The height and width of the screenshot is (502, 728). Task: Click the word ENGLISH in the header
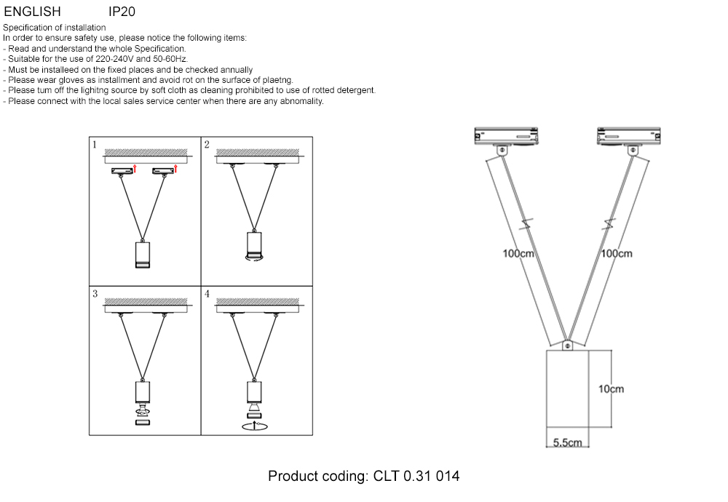click(x=32, y=12)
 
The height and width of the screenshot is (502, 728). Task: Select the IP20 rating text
click(x=122, y=12)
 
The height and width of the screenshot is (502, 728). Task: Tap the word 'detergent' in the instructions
click(x=355, y=90)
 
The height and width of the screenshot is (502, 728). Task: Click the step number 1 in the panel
click(x=95, y=145)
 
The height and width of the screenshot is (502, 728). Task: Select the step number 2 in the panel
click(x=207, y=145)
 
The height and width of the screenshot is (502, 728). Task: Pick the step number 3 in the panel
click(x=95, y=294)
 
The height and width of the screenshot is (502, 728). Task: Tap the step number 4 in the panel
click(x=207, y=294)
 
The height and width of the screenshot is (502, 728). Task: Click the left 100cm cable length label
click(x=519, y=254)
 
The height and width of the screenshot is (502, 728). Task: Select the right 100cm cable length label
click(x=617, y=254)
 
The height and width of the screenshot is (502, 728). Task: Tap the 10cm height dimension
click(x=611, y=389)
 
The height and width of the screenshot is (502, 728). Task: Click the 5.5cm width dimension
click(x=567, y=442)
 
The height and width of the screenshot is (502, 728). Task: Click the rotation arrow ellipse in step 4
click(x=255, y=426)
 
